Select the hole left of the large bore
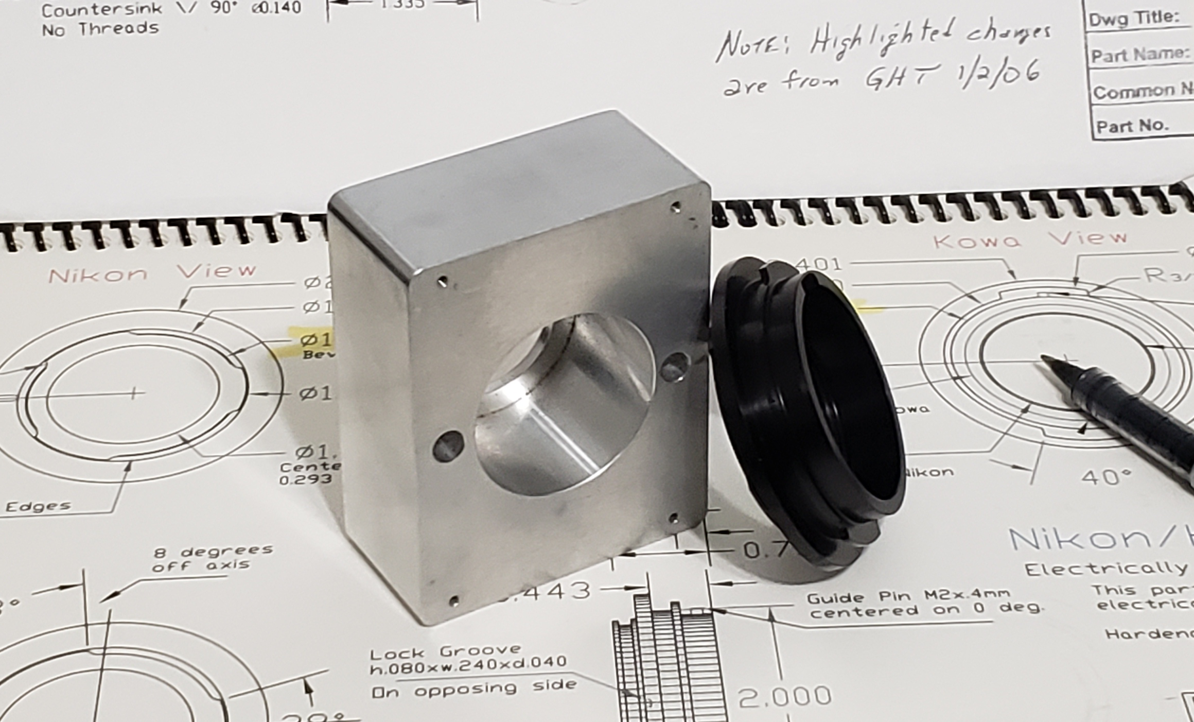(x=448, y=446)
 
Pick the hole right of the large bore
(x=674, y=367)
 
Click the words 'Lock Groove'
(x=445, y=651)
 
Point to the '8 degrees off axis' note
(x=212, y=558)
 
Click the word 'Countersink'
(x=101, y=9)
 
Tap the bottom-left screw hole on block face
(x=453, y=600)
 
